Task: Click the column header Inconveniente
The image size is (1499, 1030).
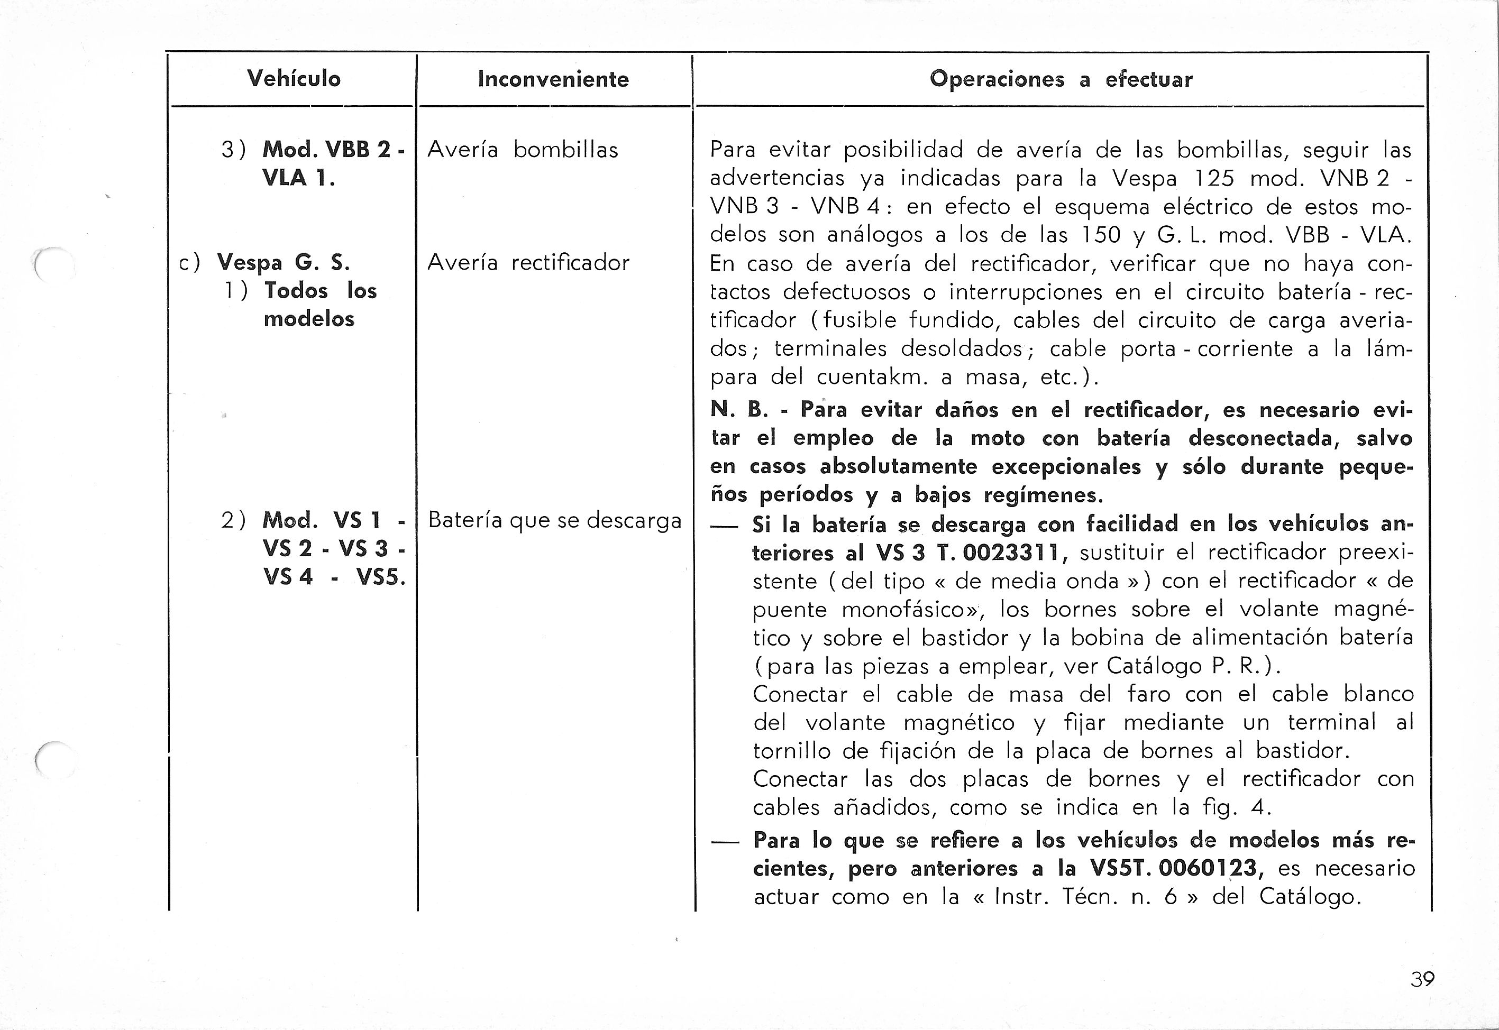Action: pyautogui.click(x=553, y=79)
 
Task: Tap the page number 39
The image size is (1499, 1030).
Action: pyautogui.click(x=1422, y=979)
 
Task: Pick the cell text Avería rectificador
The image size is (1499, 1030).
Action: pyautogui.click(x=528, y=263)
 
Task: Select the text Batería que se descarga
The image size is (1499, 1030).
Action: pyautogui.click(x=554, y=520)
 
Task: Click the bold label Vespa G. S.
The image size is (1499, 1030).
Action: pyautogui.click(x=284, y=263)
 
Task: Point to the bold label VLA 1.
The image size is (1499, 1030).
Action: pyautogui.click(x=298, y=178)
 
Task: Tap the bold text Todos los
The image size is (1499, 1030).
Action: pyautogui.click(x=320, y=290)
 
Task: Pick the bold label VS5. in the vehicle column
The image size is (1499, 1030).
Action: pyautogui.click(x=380, y=577)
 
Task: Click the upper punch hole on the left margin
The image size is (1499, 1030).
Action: pyautogui.click(x=53, y=264)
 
